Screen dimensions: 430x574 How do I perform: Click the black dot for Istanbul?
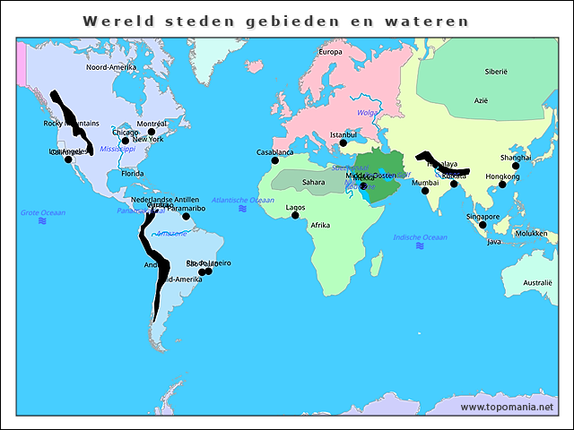(343, 142)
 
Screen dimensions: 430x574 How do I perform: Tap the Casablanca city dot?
(274, 160)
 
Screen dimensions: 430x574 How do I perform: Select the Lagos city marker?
(295, 215)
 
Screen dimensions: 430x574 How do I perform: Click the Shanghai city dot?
(516, 166)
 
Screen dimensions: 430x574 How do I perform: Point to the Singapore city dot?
(483, 225)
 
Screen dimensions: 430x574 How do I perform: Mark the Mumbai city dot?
(425, 191)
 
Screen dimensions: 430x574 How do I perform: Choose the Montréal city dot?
(152, 132)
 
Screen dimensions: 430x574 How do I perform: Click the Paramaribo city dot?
(187, 216)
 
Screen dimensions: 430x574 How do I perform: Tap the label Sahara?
(314, 182)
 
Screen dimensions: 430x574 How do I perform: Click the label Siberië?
(496, 70)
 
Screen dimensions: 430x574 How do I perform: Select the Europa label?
(331, 52)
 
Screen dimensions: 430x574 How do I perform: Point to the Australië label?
(538, 282)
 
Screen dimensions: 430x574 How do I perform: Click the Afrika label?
(320, 225)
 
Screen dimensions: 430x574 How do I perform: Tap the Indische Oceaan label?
(420, 236)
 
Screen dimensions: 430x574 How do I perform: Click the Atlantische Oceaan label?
(243, 200)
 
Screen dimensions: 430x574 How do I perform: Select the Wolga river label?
(368, 113)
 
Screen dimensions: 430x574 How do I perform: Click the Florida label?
(133, 173)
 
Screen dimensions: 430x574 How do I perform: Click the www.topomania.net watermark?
(507, 407)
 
